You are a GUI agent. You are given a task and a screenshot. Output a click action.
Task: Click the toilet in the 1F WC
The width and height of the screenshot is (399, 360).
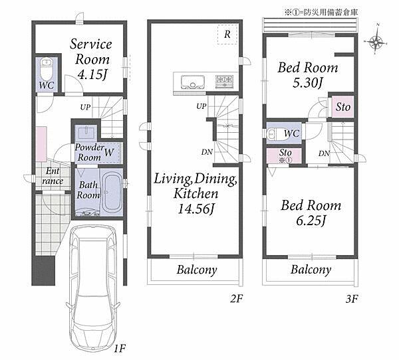[x=47, y=69]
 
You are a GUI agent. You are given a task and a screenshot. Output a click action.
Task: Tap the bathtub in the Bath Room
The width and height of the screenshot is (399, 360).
[x=112, y=192]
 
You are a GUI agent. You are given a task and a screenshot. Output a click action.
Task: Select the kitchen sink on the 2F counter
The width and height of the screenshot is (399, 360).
[x=193, y=82]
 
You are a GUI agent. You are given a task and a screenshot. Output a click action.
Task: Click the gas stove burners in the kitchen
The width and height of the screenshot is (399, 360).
[x=224, y=81]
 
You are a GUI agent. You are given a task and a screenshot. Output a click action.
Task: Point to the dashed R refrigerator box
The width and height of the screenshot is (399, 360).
[x=227, y=35]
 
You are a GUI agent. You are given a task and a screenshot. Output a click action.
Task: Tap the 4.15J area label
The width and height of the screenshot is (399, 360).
[x=92, y=74]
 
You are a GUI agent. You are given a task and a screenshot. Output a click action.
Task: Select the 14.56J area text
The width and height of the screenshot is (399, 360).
[x=196, y=209]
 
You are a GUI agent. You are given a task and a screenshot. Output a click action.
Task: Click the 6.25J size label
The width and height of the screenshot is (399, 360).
[x=311, y=221]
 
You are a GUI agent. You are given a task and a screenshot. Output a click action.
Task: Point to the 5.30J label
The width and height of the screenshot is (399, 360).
[x=308, y=82]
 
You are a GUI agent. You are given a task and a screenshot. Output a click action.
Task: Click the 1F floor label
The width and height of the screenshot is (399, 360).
[x=120, y=348]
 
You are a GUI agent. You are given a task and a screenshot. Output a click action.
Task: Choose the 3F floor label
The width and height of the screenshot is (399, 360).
[x=352, y=299]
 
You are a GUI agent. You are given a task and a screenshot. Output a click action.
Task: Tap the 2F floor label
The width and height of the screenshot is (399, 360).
[x=236, y=298]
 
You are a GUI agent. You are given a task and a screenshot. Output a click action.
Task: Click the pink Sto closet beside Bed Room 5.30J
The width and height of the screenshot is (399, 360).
[x=342, y=106]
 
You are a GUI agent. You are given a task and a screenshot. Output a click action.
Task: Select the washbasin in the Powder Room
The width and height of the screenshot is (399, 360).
[x=86, y=133]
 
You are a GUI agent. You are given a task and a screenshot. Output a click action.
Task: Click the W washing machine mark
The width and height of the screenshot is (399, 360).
[x=109, y=152]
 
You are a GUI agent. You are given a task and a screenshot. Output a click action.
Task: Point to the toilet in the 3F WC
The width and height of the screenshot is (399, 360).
[x=272, y=134]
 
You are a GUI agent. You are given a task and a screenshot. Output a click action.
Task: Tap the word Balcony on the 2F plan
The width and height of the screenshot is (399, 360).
[x=197, y=270]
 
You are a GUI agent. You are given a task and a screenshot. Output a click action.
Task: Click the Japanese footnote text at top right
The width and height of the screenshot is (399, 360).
[x=321, y=12]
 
